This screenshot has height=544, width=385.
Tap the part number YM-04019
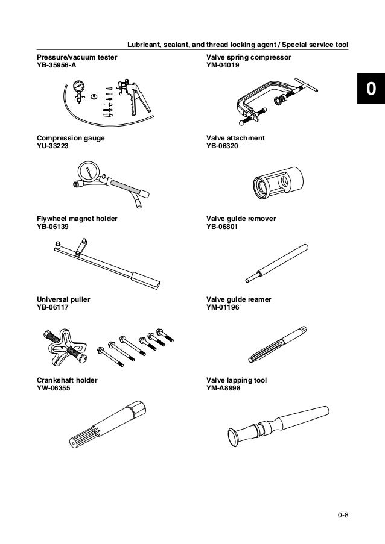(223, 66)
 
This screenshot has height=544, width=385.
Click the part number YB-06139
(54, 227)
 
